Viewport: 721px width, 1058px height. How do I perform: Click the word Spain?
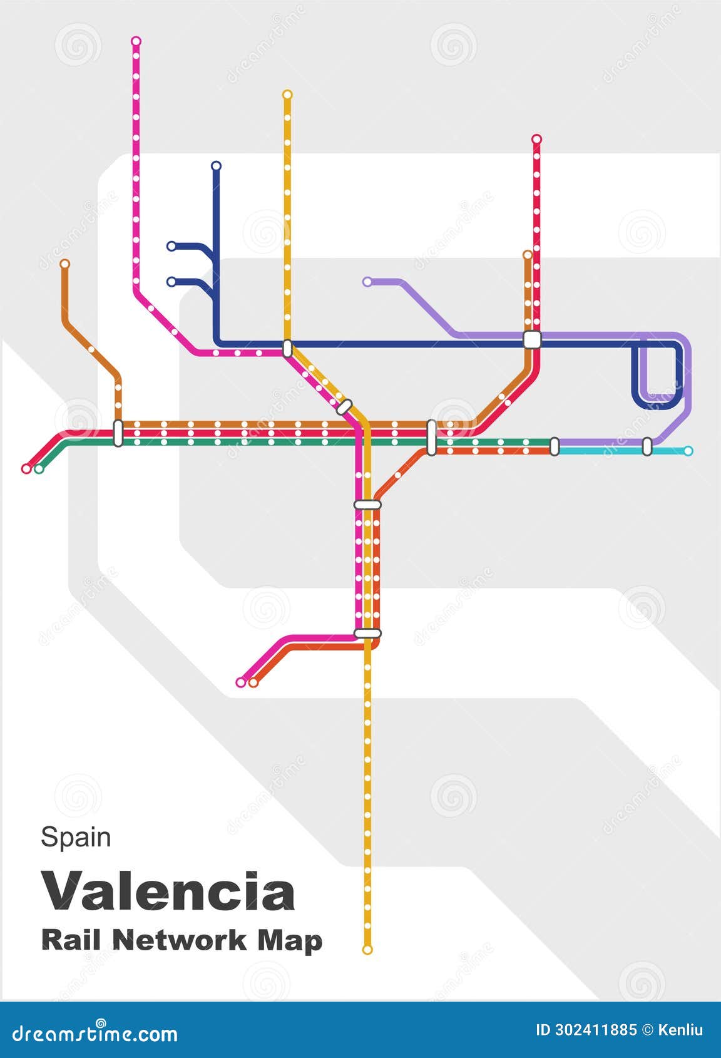coord(76,837)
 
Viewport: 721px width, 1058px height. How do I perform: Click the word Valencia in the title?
coord(168,891)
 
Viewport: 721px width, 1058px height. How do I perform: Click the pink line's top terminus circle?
coord(136,41)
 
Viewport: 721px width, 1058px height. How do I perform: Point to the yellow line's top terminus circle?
coord(287,95)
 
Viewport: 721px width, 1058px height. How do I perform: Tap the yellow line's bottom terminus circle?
coord(367,950)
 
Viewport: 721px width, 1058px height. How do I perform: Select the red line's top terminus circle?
coord(536,139)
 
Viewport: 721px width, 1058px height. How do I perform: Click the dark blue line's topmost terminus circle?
coord(216,166)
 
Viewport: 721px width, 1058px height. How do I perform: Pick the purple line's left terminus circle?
coord(367,282)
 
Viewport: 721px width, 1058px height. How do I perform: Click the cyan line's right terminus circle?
coord(688,451)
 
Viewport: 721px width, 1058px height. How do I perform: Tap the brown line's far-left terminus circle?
coord(64,264)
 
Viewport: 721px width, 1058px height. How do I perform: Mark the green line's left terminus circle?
coord(39,469)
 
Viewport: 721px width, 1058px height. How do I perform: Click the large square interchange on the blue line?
coord(532,339)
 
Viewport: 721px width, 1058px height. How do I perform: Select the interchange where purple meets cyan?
coord(647,446)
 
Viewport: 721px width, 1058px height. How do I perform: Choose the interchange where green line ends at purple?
coord(554,446)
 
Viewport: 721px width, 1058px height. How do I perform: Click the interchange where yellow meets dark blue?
coord(287,348)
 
